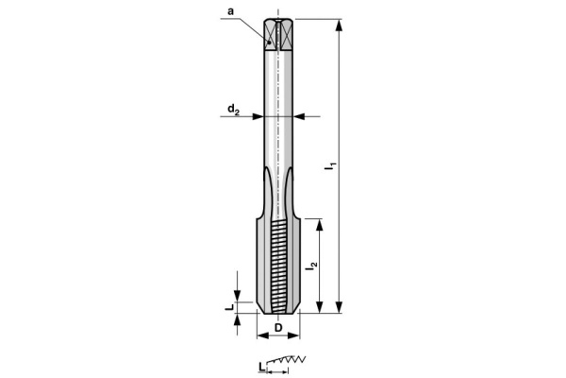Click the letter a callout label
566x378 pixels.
pyautogui.click(x=230, y=12)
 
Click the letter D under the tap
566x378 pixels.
pyautogui.click(x=278, y=328)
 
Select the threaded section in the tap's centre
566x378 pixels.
pyautogui.click(x=278, y=265)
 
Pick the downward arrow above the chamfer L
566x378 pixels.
pyautogui.click(x=239, y=287)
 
